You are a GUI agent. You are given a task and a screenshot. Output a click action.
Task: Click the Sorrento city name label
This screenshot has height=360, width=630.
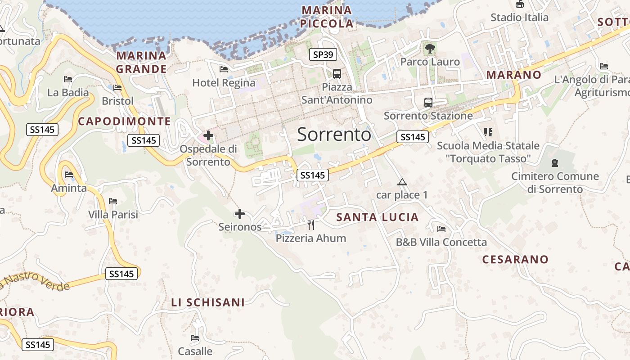(334, 135)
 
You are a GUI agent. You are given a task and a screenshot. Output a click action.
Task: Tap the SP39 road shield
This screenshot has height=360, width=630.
(323, 55)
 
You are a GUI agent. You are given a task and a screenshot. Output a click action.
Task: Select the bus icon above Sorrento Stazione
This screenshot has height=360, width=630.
(428, 102)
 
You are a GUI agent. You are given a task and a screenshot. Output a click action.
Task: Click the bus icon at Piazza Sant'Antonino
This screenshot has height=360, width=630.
(337, 73)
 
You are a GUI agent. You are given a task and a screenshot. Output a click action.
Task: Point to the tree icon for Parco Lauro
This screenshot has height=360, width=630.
(430, 48)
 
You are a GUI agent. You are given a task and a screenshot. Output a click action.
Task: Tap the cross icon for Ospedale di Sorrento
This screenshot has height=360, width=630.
(208, 135)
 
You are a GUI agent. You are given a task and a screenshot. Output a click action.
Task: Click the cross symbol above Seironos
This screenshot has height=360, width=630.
(240, 213)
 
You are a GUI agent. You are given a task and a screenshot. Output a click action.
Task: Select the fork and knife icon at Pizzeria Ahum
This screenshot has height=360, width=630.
(311, 225)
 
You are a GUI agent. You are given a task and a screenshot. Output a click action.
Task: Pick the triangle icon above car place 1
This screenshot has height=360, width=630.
(402, 182)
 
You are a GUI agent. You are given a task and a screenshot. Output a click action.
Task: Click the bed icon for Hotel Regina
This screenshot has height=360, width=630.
(223, 69)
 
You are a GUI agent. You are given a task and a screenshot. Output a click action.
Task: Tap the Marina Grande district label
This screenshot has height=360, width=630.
(141, 62)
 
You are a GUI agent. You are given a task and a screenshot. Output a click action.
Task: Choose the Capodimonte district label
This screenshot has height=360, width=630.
(125, 121)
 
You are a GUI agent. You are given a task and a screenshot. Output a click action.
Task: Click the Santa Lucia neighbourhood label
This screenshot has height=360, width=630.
(378, 217)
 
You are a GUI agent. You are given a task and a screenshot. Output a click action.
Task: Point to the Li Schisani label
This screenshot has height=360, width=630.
(208, 302)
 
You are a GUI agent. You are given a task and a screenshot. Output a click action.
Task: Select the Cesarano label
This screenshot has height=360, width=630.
(515, 259)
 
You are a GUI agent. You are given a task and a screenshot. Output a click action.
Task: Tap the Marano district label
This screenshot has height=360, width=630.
(513, 75)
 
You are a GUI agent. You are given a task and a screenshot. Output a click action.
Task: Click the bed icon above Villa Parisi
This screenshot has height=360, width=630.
(113, 201)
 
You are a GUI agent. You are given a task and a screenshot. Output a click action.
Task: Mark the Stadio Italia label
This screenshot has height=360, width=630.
(519, 18)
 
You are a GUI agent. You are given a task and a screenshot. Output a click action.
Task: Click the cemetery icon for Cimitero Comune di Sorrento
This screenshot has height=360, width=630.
(555, 162)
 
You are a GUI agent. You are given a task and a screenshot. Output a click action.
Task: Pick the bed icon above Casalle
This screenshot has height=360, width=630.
(195, 338)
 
